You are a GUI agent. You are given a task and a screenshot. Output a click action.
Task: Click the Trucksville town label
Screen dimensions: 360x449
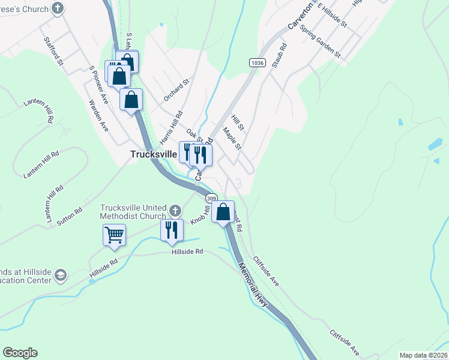click(x=154, y=154)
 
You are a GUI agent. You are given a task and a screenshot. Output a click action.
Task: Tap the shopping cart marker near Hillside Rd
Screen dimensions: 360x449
click(x=114, y=235)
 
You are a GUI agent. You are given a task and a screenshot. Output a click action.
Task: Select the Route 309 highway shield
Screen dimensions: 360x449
click(x=211, y=197)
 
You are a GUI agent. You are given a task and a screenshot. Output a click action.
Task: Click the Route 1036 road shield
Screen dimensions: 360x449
click(x=258, y=62)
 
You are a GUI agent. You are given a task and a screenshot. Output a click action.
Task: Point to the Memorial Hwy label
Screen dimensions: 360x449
click(x=253, y=284)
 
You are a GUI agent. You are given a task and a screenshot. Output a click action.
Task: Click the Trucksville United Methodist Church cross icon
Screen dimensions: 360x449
click(x=175, y=211)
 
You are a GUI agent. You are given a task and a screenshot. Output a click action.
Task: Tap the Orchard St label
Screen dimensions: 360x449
click(x=176, y=89)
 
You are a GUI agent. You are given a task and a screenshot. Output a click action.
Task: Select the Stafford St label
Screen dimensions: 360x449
click(x=53, y=50)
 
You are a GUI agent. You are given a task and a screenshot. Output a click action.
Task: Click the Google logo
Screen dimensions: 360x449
click(x=20, y=353)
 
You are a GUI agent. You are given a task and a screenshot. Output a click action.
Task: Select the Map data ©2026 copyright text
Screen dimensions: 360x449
click(x=423, y=355)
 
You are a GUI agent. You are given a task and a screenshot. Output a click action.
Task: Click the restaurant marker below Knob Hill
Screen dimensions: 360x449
click(x=172, y=230)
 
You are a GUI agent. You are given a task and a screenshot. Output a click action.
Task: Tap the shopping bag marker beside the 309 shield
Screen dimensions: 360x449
click(x=223, y=212)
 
